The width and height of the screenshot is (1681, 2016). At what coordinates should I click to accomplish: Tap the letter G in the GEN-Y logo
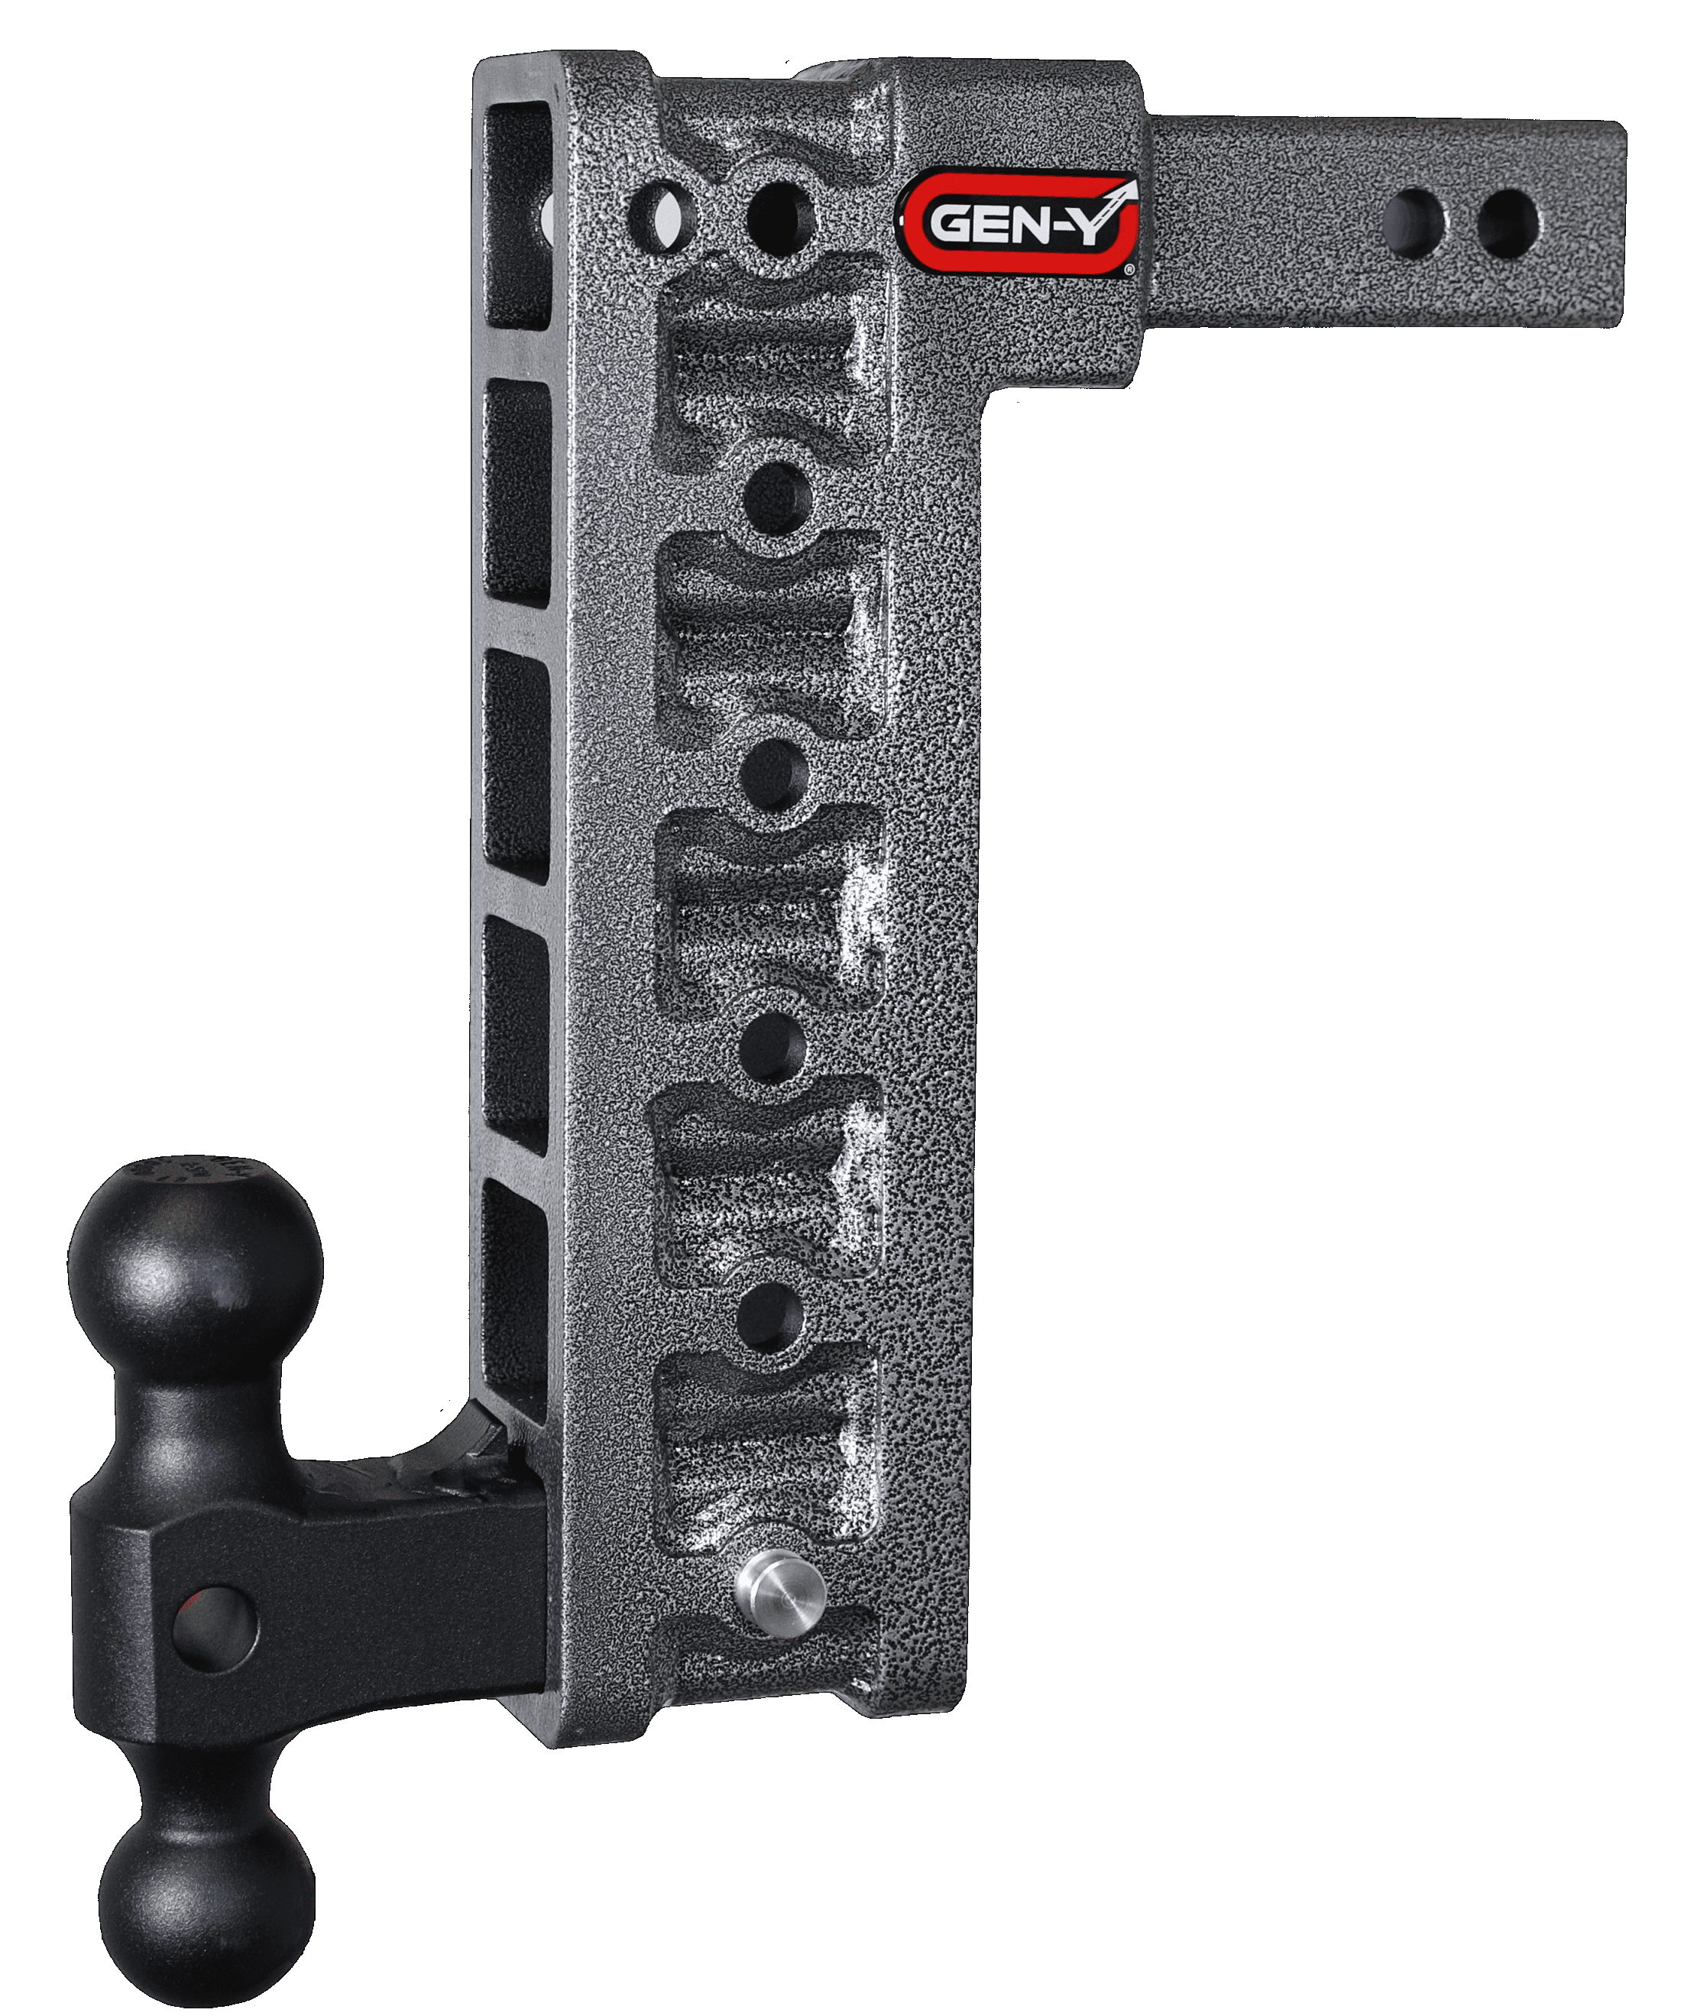(951, 229)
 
